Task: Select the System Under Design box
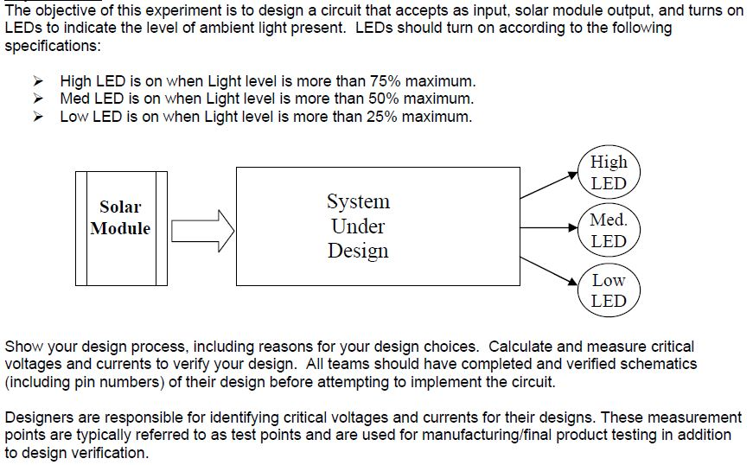click(x=378, y=226)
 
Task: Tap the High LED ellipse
click(x=609, y=172)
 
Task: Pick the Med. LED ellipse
click(x=609, y=230)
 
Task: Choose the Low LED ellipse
click(x=609, y=290)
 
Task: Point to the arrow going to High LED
click(x=549, y=187)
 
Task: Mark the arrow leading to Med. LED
click(x=549, y=228)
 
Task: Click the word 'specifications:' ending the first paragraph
click(x=49, y=45)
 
